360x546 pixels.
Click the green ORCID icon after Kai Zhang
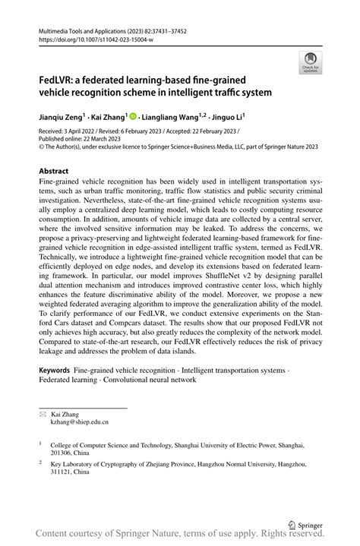click(133, 118)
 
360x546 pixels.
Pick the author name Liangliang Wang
click(172, 118)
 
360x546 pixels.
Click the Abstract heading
click(54, 172)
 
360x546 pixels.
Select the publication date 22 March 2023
click(102, 140)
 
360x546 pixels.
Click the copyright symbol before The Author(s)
click(41, 147)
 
